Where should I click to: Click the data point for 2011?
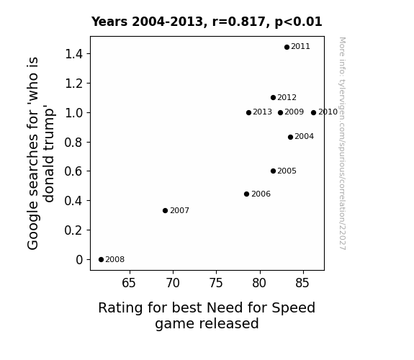pos(287,48)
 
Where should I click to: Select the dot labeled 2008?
pos(101,260)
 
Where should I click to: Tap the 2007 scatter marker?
pos(166,210)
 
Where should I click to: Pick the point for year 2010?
pos(313,112)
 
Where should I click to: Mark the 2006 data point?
pos(247,194)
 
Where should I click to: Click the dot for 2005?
pos(274,171)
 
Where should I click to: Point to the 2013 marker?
pos(248,113)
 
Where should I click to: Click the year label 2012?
pos(287,97)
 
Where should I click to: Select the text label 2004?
pos(304,137)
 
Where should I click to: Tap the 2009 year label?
pos(294,112)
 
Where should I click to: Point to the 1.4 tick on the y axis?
pos(73,54)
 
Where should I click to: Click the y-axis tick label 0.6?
pos(73,171)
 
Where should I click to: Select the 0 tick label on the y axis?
pos(79,260)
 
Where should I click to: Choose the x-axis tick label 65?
pos(129,283)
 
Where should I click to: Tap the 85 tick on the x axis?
pos(302,283)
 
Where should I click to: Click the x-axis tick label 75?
pos(216,283)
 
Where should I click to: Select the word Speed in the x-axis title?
pos(293,308)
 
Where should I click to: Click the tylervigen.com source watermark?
pos(342,143)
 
